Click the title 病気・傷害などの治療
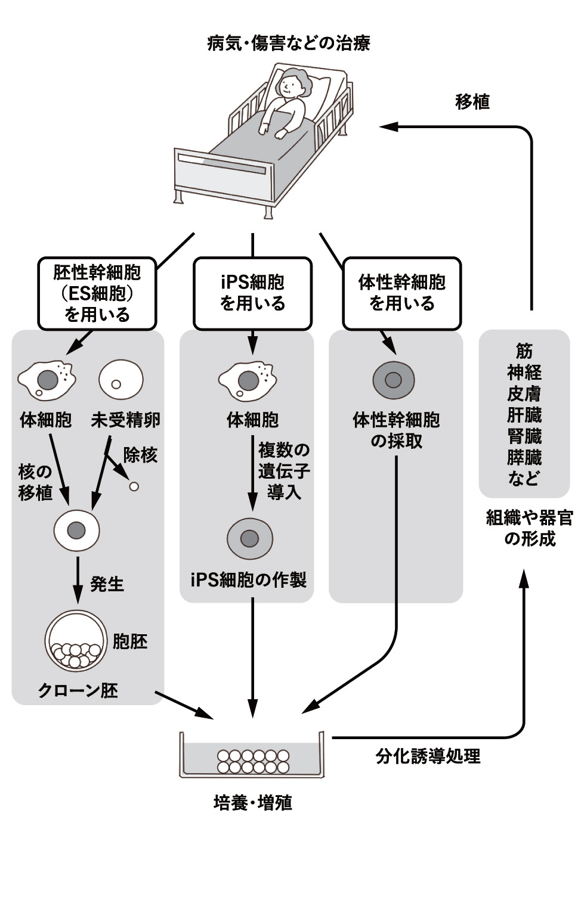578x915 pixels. pyautogui.click(x=289, y=44)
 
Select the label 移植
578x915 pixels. pyautogui.click(x=472, y=102)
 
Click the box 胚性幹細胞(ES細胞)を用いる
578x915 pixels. pyautogui.click(x=97, y=293)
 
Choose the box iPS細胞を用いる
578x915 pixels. pyautogui.click(x=252, y=293)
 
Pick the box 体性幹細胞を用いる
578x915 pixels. pyautogui.click(x=401, y=293)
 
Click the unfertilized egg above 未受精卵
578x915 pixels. pyautogui.click(x=120, y=380)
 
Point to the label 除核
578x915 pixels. pyautogui.click(x=140, y=455)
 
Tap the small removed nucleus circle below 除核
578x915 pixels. pyautogui.click(x=134, y=486)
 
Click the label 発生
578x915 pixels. pyautogui.click(x=107, y=584)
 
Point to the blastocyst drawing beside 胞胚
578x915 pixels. pyautogui.click(x=76, y=642)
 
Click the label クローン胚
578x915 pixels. pyautogui.click(x=78, y=690)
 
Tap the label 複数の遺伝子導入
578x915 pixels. pyautogui.click(x=284, y=471)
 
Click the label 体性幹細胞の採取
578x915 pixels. pyautogui.click(x=396, y=430)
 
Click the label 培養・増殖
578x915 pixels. pyautogui.click(x=253, y=803)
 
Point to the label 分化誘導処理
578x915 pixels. pyautogui.click(x=428, y=756)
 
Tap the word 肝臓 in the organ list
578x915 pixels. pyautogui.click(x=524, y=415)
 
